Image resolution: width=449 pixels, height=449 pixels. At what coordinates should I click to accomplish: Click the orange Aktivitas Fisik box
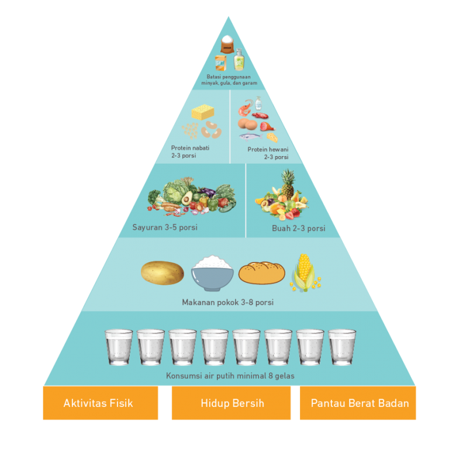click(x=100, y=403)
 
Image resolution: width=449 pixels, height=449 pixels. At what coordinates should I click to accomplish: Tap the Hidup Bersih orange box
click(x=231, y=403)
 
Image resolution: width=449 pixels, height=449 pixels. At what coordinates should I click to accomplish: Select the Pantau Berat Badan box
click(x=358, y=403)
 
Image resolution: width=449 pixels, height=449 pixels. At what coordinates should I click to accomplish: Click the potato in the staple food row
click(x=163, y=273)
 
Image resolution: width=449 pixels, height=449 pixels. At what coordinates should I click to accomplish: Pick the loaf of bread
click(x=261, y=273)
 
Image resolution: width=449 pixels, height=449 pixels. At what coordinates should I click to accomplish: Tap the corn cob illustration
click(x=304, y=272)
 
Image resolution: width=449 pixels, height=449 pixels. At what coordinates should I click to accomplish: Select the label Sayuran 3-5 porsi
click(x=165, y=227)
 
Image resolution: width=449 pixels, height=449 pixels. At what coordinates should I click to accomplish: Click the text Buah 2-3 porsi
click(x=298, y=228)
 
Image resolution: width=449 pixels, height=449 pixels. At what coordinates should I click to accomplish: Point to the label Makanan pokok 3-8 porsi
click(x=227, y=302)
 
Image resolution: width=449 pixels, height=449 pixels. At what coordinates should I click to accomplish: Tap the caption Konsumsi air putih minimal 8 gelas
click(x=230, y=376)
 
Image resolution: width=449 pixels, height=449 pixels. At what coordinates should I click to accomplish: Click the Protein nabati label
click(x=190, y=152)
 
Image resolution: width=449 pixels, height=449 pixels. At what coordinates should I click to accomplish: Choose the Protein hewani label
click(x=268, y=153)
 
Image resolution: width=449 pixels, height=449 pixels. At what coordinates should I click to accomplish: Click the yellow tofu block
click(x=203, y=112)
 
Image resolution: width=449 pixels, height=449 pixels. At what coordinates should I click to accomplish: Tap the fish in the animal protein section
click(x=251, y=137)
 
